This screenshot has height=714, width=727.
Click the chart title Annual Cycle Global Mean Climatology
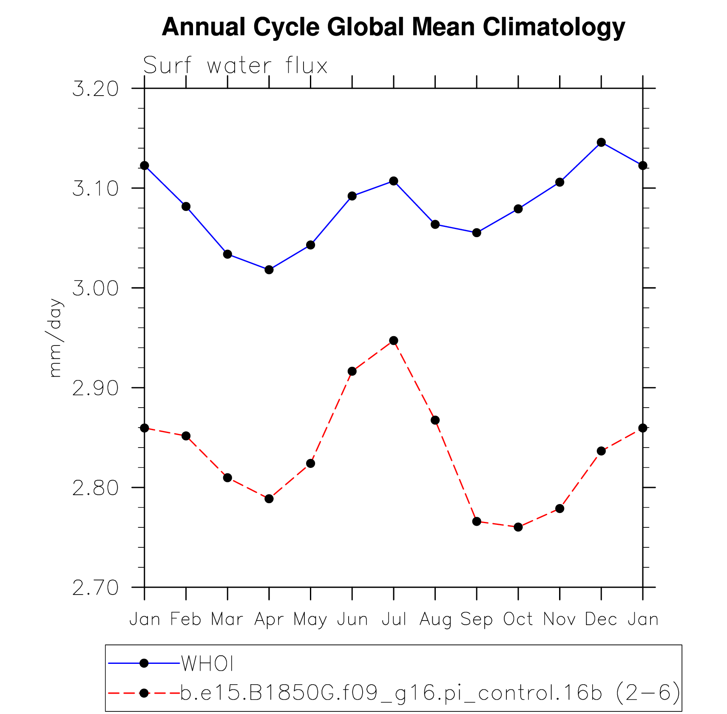tap(393, 27)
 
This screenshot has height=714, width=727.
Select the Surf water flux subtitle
tap(235, 66)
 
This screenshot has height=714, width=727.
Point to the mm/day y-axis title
tap(56, 338)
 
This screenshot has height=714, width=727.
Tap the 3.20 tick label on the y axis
tap(95, 89)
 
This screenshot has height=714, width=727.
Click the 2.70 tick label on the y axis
tap(95, 588)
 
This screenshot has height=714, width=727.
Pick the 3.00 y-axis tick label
tap(95, 289)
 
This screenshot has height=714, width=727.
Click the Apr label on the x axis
tap(269, 620)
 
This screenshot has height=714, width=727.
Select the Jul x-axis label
tap(394, 620)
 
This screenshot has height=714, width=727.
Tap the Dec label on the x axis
tap(601, 620)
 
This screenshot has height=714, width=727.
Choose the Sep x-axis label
tap(477, 620)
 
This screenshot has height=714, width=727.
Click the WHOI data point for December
tap(601, 142)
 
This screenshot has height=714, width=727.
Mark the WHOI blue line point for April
tap(269, 270)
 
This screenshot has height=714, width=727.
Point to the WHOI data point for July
tap(394, 181)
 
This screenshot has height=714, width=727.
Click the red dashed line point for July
tap(394, 340)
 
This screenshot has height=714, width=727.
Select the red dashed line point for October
tap(518, 527)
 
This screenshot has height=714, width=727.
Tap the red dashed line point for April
tap(269, 499)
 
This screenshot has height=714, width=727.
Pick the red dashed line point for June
tap(352, 371)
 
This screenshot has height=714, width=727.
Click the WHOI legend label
tap(207, 663)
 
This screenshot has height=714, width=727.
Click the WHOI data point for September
tap(477, 232)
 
